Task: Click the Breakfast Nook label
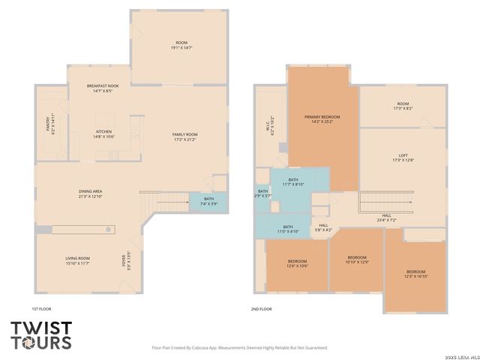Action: [x=103, y=88]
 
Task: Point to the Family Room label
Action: [x=184, y=136]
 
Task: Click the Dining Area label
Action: [x=91, y=194]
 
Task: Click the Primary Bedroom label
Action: [x=322, y=119]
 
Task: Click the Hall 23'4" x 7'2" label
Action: [x=385, y=218]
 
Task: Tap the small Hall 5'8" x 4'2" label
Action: [x=322, y=227]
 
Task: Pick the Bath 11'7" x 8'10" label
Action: [x=293, y=182]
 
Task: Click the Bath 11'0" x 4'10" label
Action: [x=288, y=229]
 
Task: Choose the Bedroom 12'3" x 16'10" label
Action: [x=415, y=273]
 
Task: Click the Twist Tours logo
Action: [x=41, y=335]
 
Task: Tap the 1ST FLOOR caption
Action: [x=41, y=309]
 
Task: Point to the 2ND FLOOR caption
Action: [x=261, y=309]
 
